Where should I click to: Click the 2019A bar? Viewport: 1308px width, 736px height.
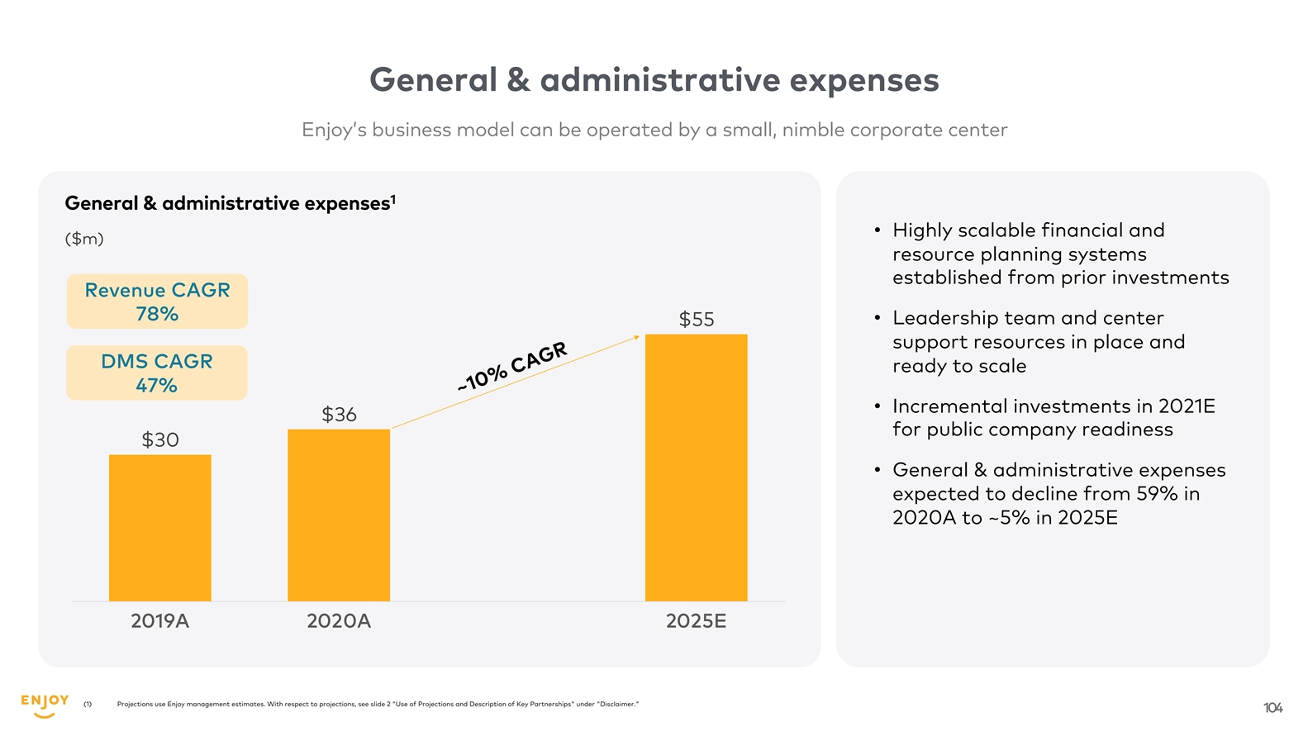159,528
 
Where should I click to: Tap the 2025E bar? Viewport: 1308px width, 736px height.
696,468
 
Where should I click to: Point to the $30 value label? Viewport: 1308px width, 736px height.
159,439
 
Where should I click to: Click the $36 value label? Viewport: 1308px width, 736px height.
339,414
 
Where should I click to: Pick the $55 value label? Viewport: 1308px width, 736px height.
696,319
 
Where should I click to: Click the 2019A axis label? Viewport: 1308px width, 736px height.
159,621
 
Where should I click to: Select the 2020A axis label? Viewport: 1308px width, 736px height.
339,621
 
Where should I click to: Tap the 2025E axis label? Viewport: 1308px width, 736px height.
696,621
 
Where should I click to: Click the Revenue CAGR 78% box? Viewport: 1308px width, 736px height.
157,302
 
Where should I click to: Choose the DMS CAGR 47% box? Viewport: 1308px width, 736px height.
157,373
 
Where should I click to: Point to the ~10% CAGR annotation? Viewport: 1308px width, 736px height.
512,366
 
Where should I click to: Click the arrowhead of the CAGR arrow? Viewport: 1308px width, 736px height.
636,337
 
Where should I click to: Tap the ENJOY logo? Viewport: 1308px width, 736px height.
45,705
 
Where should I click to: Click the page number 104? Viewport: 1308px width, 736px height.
1272,708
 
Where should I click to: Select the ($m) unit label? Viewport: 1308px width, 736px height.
84,239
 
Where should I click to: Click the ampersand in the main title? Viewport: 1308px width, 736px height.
518,80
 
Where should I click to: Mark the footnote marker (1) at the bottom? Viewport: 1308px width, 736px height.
88,705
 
